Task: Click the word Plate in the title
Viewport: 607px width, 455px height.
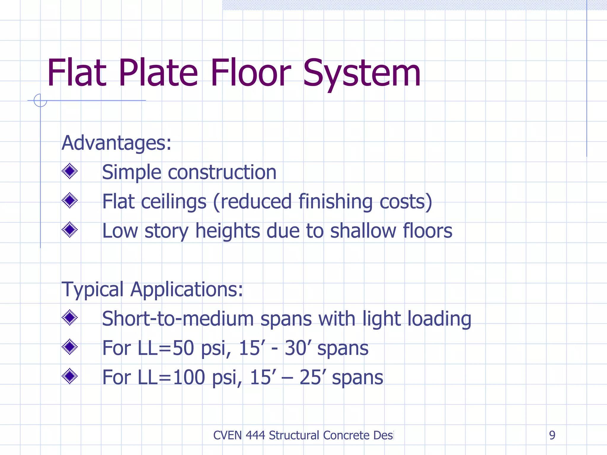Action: coord(158,73)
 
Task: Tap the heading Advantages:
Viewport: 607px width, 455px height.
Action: coord(116,143)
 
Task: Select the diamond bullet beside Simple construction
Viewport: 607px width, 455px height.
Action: coord(70,171)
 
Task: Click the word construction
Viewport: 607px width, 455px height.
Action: coord(222,172)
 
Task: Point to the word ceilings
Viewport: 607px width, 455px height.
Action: coord(173,202)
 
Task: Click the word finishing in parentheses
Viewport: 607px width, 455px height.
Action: coord(335,202)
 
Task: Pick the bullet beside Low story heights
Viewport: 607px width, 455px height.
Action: coord(70,230)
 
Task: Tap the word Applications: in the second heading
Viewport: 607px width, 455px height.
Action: coord(187,289)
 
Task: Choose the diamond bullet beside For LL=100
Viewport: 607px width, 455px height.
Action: coord(70,376)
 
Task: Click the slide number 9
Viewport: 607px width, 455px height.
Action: coord(552,435)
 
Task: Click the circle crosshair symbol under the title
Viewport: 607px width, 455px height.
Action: coord(40,100)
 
